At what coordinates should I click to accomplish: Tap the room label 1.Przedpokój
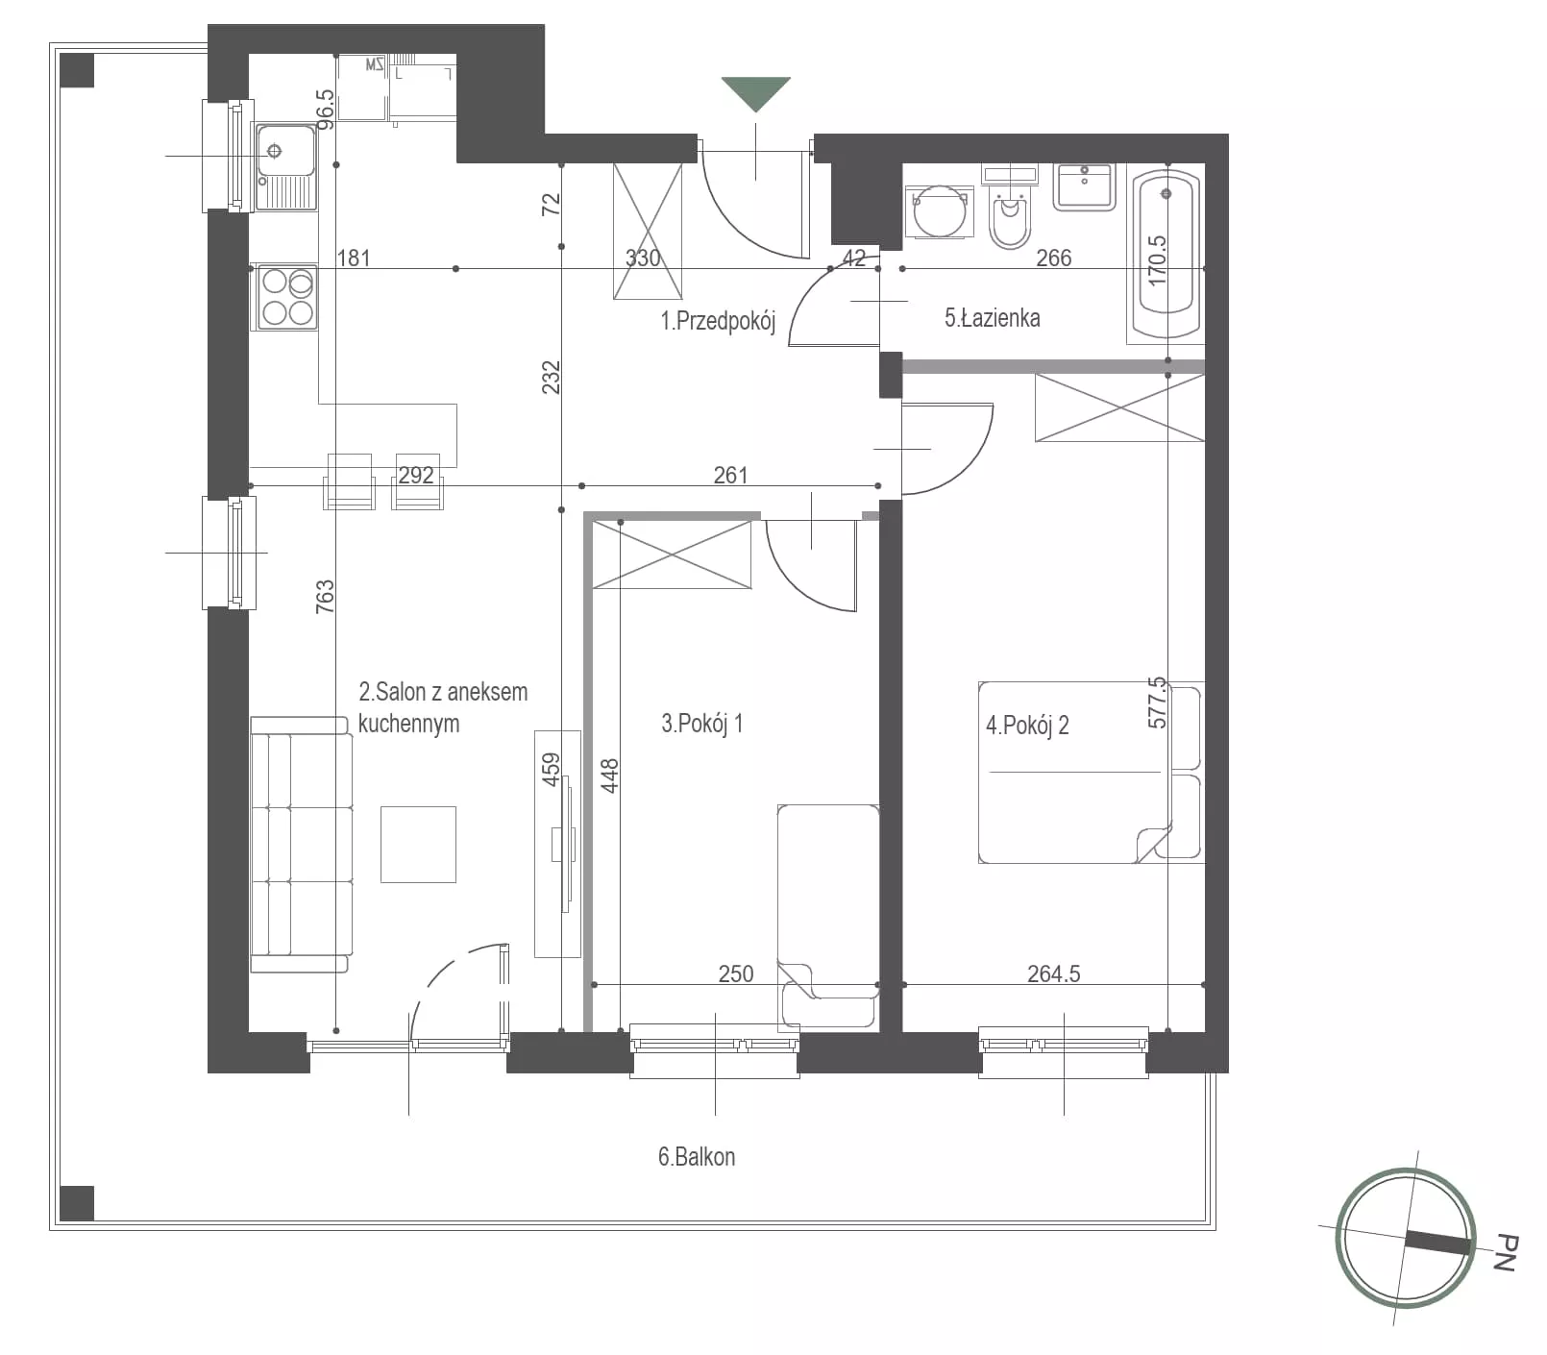717,321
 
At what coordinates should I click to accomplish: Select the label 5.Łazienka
992,318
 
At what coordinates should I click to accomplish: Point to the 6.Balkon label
697,1156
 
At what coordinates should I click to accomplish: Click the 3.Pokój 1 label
701,724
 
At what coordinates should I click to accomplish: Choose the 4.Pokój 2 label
1027,726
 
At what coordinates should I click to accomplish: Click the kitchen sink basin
285,151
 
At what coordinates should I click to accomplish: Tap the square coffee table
418,845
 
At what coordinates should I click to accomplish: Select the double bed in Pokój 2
1091,773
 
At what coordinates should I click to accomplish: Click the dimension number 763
325,596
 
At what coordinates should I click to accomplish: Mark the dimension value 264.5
1053,973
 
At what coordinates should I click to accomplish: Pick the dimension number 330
643,258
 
